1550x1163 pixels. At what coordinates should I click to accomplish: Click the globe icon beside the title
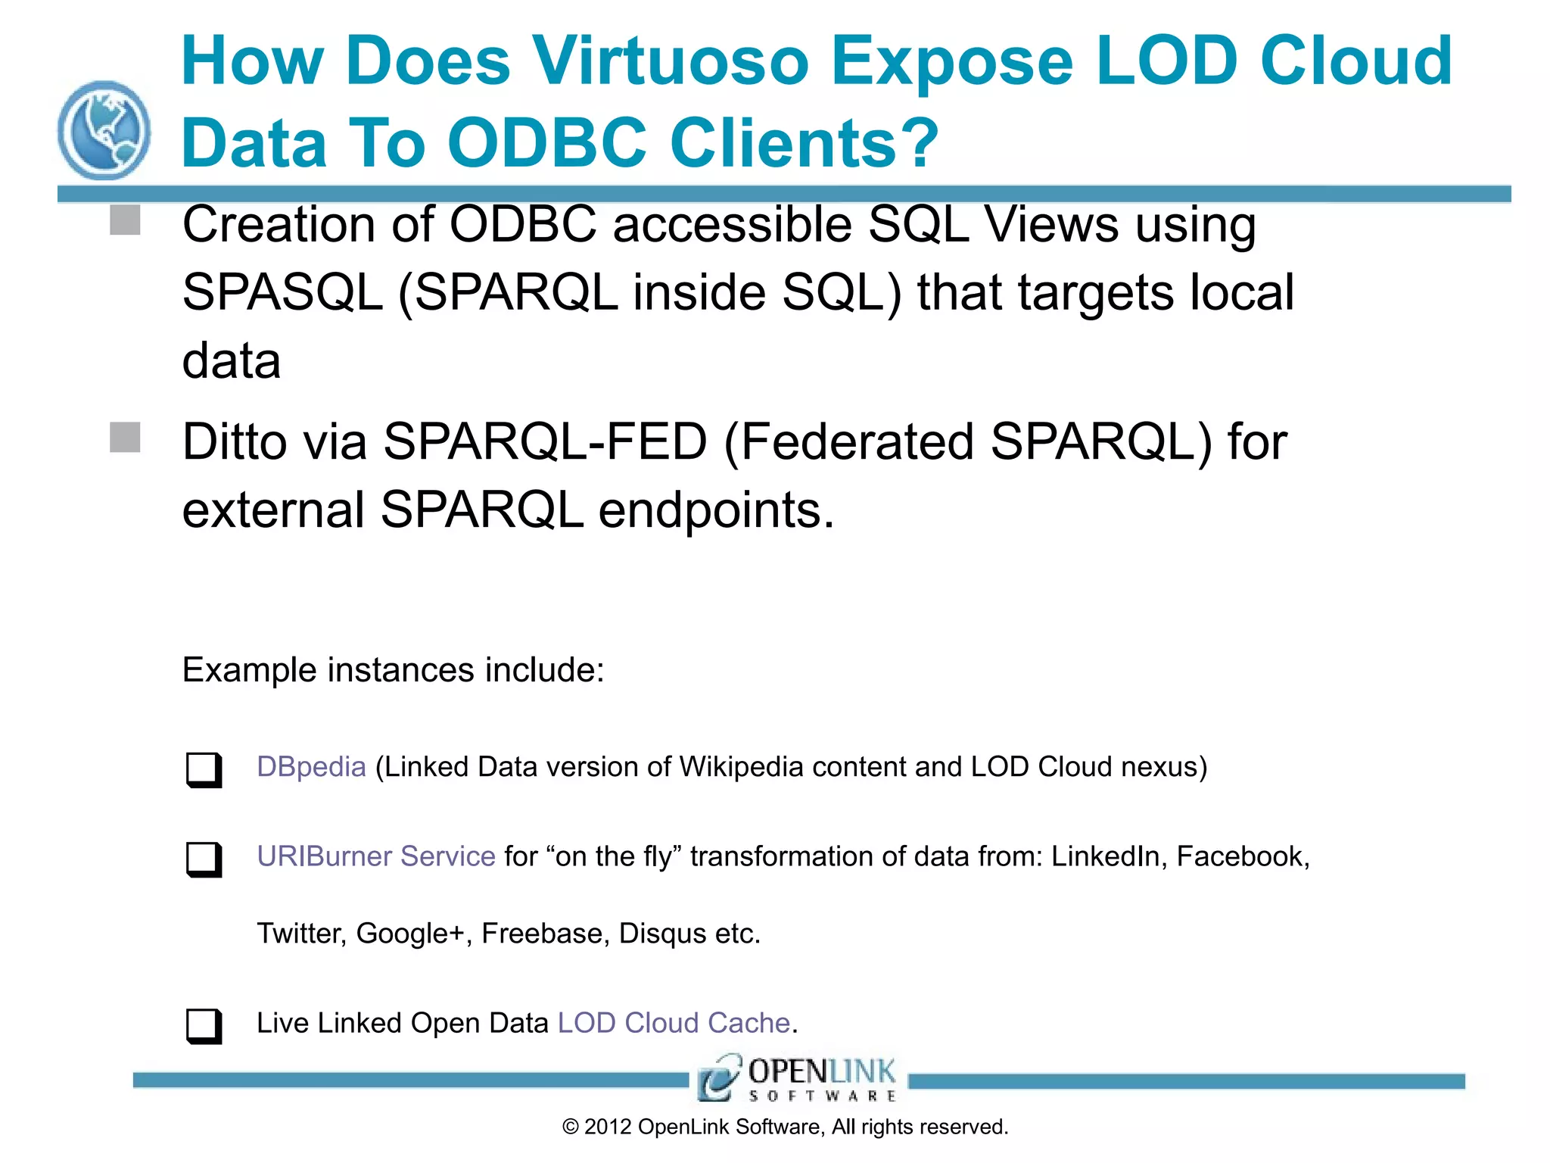pyautogui.click(x=104, y=130)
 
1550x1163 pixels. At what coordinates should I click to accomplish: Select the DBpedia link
pyautogui.click(x=311, y=767)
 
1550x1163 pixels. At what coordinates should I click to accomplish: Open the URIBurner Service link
pyautogui.click(x=376, y=856)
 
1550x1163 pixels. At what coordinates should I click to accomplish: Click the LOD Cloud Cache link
pyautogui.click(x=674, y=1023)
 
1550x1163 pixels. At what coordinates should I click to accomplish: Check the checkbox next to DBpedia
pyautogui.click(x=204, y=769)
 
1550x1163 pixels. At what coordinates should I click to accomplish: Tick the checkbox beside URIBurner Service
pyautogui.click(x=204, y=859)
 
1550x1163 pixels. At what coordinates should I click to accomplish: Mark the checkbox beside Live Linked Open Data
pyautogui.click(x=204, y=1025)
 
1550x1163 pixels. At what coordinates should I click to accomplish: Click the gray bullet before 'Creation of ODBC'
pyautogui.click(x=125, y=220)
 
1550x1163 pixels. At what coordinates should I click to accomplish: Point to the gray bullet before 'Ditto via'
pyautogui.click(x=125, y=437)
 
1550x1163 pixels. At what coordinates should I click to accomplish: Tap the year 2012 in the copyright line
pyautogui.click(x=608, y=1127)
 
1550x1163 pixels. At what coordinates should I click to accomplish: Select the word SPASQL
pyautogui.click(x=282, y=293)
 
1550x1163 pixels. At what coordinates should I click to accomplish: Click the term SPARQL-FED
pyautogui.click(x=545, y=442)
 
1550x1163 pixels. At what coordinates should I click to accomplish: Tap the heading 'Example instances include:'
pyautogui.click(x=394, y=670)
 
